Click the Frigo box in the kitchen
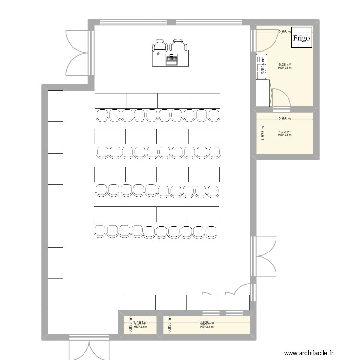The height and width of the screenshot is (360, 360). pyautogui.click(x=301, y=38)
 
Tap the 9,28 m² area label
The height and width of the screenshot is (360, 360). pyautogui.click(x=285, y=64)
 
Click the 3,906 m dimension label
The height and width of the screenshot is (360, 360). pyautogui.click(x=206, y=323)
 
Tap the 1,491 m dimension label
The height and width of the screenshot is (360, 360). pyautogui.click(x=141, y=323)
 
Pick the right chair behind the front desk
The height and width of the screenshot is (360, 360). pyautogui.click(x=179, y=45)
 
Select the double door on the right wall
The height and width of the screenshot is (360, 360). pyautogui.click(x=264, y=256)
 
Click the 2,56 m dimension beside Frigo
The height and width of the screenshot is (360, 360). pyautogui.click(x=285, y=32)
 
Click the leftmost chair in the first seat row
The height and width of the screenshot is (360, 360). pyautogui.click(x=102, y=115)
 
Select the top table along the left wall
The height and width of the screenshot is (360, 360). pyautogui.click(x=55, y=106)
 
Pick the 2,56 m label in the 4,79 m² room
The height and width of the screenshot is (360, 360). pyautogui.click(x=285, y=122)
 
